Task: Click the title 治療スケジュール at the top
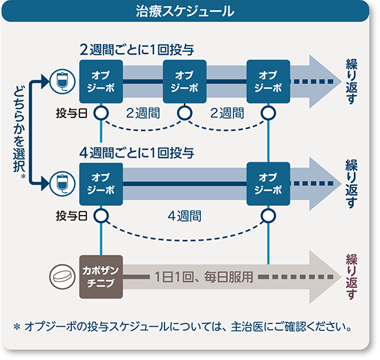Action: [189, 12]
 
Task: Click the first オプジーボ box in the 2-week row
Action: [101, 81]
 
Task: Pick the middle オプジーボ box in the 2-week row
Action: [184, 81]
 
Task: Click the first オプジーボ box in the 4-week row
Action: [101, 182]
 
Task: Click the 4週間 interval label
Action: [184, 216]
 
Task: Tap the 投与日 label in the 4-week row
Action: [70, 216]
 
